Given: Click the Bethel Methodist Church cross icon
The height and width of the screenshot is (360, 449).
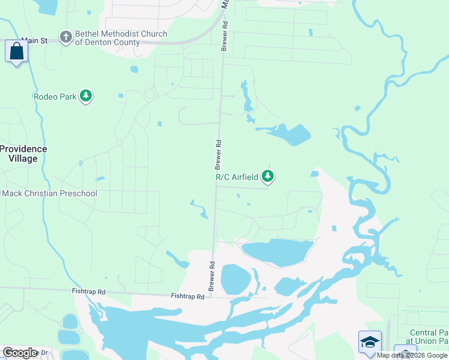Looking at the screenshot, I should point(66,38).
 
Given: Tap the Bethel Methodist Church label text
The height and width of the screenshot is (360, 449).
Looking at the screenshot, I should point(120,38).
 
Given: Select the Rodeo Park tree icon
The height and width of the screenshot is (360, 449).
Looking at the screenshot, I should point(86,96).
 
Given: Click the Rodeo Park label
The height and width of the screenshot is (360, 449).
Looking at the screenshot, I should point(55,96).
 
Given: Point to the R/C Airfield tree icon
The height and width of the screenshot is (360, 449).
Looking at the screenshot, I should point(268,176).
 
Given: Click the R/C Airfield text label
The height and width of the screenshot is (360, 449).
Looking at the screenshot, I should point(237,176).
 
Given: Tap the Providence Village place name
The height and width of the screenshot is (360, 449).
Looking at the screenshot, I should point(23,154).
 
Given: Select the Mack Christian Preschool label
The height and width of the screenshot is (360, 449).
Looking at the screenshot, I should point(49,193).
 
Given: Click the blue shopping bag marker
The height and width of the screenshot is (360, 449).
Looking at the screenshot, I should point(16,51).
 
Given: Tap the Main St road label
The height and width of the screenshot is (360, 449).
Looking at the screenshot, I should point(34,40).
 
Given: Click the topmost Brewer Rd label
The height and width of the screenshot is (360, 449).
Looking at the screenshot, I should point(224,36).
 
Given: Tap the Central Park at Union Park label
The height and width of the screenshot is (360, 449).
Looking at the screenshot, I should point(429,337).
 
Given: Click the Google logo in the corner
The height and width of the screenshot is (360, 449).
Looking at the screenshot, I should point(20,353).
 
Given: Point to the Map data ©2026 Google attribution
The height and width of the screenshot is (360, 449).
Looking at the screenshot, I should point(412,355).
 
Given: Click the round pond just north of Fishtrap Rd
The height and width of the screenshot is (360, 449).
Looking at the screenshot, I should point(235,279).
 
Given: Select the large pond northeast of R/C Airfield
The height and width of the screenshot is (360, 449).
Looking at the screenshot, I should point(291,134).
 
